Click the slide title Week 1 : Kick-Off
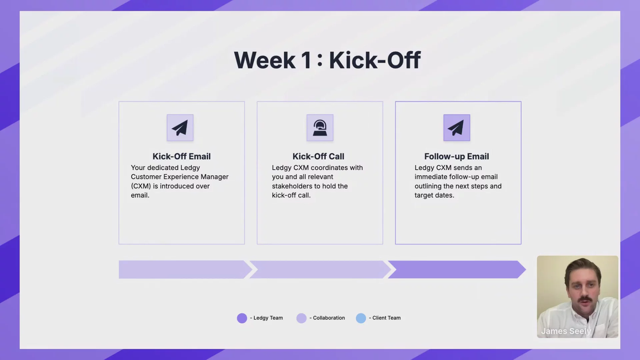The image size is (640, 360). pos(327,60)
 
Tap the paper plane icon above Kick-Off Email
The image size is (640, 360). pos(180,128)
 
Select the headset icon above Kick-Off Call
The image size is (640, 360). pos(320,128)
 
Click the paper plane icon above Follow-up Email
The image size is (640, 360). pos(457,128)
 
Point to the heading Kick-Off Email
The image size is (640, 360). pos(182,156)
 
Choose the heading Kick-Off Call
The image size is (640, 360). pos(318,156)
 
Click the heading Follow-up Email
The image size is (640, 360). pos(457,156)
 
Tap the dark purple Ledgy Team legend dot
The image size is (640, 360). pos(242,318)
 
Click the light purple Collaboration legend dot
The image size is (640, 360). pos(301,318)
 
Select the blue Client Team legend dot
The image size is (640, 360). pos(361,318)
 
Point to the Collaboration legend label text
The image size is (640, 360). pos(329,318)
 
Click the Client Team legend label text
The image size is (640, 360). pos(387,318)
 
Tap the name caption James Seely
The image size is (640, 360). pos(566,331)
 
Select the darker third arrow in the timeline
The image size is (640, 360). pos(457,269)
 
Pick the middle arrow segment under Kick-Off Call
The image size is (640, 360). pos(320,269)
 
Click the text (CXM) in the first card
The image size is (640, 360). pos(141,186)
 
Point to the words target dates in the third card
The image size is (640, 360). pos(434,195)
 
